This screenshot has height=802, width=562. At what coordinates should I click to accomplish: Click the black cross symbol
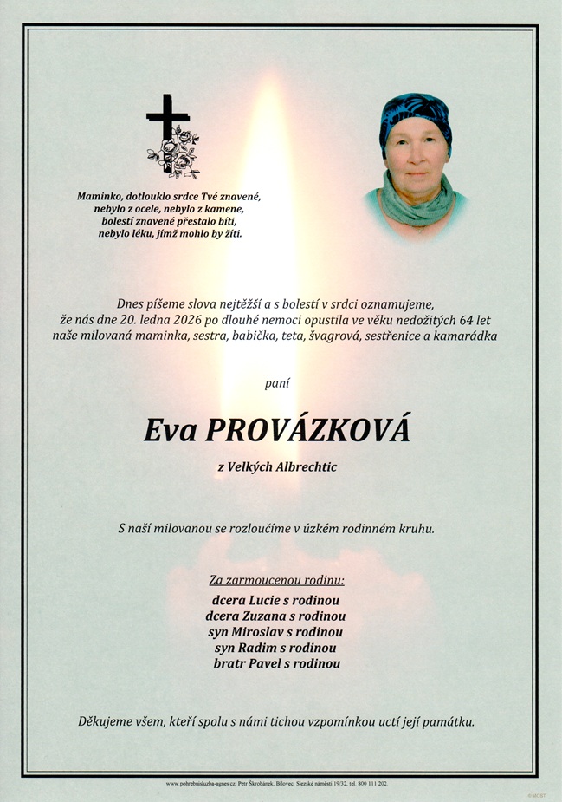[x=166, y=120]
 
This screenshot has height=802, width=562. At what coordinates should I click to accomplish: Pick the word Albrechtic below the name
[x=303, y=468]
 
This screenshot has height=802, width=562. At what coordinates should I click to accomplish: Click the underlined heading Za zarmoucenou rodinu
[x=277, y=579]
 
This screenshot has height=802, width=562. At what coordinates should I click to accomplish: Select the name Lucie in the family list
[x=266, y=600]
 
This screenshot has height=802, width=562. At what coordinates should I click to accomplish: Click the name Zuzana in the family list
[x=273, y=616]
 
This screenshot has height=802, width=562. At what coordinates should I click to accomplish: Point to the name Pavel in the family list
[x=270, y=663]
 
